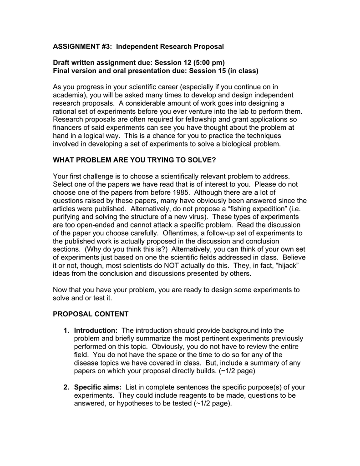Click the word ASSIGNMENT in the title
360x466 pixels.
pyautogui.click(x=76, y=46)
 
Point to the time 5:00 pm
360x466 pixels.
pyautogui.click(x=209, y=62)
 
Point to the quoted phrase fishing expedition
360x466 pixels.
pyautogui.click(x=243, y=208)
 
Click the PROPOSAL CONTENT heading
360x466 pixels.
pyautogui.click(x=91, y=314)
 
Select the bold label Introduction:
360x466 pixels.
pyautogui.click(x=96, y=330)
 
